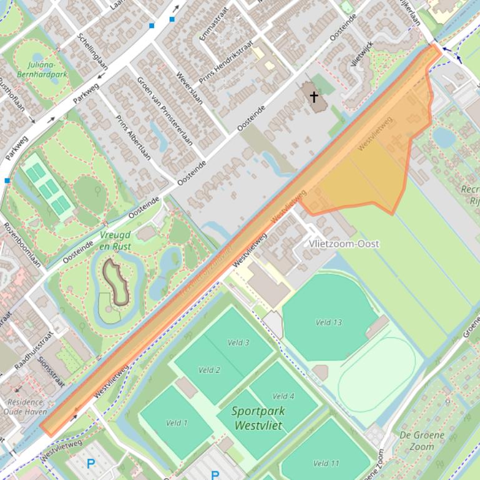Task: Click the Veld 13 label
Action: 328,322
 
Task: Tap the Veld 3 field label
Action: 238,342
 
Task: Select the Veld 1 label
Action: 177,423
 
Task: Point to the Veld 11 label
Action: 326,463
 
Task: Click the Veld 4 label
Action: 283,396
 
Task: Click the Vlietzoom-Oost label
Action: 344,244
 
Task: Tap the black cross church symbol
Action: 314,97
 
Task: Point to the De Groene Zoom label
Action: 422,440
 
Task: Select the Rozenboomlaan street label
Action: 22,244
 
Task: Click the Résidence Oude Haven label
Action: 23,406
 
